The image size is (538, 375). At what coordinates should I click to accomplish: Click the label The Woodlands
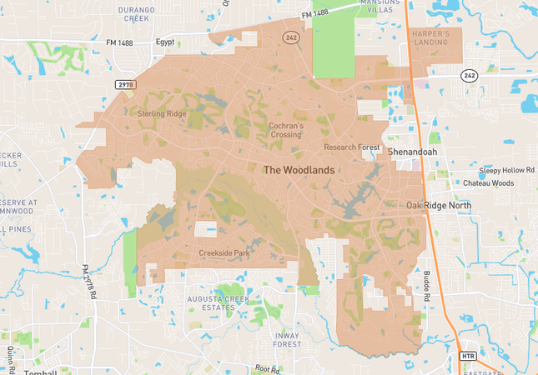[299, 170]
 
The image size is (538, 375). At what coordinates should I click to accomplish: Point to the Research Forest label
[351, 147]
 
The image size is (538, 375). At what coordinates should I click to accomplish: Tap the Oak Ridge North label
[439, 205]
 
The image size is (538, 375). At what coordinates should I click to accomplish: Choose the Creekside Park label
[224, 252]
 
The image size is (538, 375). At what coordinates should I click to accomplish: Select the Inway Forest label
[286, 339]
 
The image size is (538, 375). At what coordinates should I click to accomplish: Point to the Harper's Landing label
[431, 38]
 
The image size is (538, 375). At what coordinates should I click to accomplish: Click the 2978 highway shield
[125, 85]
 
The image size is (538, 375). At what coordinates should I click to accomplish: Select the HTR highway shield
[468, 356]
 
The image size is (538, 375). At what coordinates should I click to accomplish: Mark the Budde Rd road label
[426, 287]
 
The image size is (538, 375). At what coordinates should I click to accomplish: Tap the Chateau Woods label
[490, 182]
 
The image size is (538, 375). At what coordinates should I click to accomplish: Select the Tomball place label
[41, 372]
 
